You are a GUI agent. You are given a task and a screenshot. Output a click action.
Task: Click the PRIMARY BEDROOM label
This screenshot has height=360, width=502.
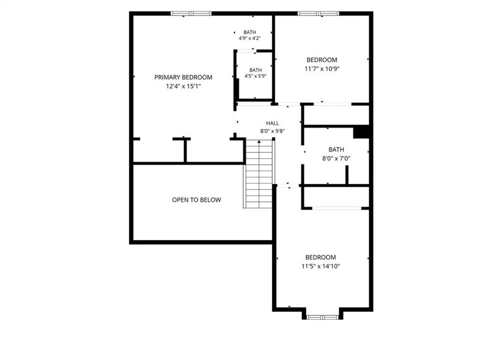183,77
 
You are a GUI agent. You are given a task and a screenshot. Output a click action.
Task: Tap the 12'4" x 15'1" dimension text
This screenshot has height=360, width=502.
183,86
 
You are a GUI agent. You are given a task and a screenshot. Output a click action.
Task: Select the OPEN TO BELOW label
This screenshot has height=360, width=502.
197,200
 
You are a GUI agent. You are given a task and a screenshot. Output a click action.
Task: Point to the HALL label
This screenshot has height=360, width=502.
273,123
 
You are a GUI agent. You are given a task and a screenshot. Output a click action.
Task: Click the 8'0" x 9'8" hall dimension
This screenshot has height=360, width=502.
273,131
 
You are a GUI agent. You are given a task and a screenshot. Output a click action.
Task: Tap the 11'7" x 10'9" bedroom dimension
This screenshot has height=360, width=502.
322,69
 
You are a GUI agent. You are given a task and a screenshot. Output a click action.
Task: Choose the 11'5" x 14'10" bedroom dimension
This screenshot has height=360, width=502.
321,266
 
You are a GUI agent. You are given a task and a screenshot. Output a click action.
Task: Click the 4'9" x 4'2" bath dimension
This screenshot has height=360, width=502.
250,38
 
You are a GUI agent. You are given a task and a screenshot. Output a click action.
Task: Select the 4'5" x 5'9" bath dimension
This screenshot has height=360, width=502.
255,76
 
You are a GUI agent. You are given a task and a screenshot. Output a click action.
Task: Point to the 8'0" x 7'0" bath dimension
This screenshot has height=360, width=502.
336,158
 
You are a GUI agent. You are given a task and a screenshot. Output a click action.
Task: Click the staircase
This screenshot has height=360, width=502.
259,174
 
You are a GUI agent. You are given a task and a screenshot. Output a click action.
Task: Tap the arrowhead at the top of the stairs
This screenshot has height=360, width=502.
259,141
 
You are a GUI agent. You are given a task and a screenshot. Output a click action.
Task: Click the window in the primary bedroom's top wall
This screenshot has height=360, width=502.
191,13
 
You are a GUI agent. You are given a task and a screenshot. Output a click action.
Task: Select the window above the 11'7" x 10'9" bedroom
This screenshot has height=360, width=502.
318,13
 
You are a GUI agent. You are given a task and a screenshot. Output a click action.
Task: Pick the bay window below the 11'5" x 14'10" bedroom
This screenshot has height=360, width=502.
323,317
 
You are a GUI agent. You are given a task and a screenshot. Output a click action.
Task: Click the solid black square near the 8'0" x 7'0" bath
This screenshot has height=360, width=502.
361,133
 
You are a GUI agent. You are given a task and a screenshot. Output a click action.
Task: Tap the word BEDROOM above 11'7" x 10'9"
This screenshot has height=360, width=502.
322,60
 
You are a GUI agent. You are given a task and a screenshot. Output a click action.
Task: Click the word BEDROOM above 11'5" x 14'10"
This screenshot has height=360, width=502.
321,257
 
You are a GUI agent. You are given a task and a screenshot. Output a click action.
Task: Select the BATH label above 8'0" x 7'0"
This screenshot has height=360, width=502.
336,149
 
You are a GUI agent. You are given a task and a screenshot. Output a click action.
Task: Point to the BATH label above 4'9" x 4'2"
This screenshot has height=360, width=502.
250,32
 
